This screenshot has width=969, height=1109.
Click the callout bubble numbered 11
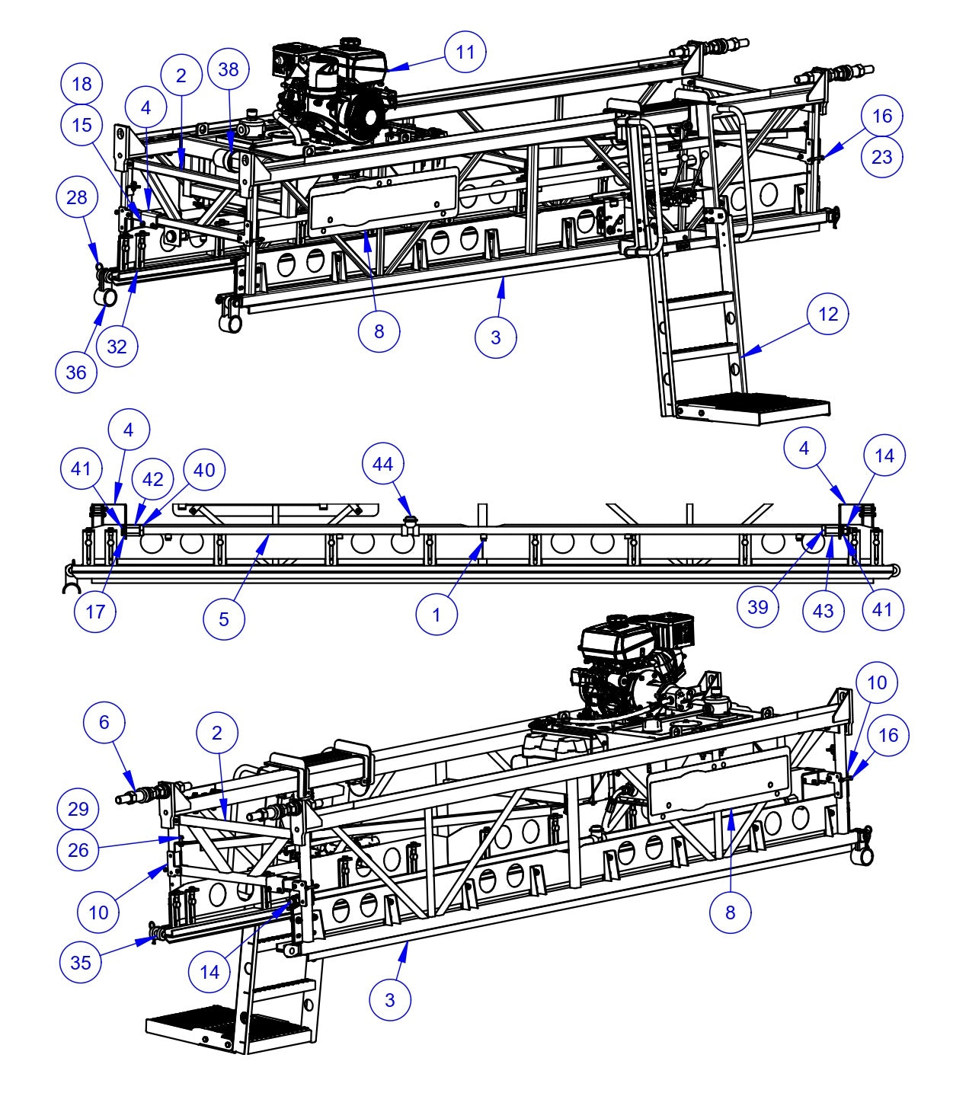click(x=465, y=52)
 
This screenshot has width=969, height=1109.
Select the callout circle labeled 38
click(x=229, y=69)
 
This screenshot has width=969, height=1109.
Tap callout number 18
click(x=82, y=84)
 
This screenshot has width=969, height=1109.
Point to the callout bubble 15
click(x=82, y=125)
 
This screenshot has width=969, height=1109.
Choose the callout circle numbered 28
click(x=77, y=197)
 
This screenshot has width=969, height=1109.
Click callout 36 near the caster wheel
click(x=76, y=372)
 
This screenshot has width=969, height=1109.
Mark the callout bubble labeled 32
click(x=117, y=347)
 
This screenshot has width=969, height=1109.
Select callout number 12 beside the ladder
click(x=828, y=314)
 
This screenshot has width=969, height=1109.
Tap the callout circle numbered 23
click(x=881, y=157)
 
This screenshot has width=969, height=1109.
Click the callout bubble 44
click(x=383, y=464)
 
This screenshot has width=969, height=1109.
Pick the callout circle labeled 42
click(x=153, y=479)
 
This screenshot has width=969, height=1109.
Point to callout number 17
click(x=95, y=611)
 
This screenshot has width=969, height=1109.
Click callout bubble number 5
click(x=224, y=618)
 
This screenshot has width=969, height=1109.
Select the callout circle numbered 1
click(x=437, y=615)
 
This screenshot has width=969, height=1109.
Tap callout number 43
click(x=823, y=611)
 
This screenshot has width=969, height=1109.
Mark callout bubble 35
click(x=80, y=962)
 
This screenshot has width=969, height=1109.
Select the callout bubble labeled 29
click(x=78, y=809)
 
